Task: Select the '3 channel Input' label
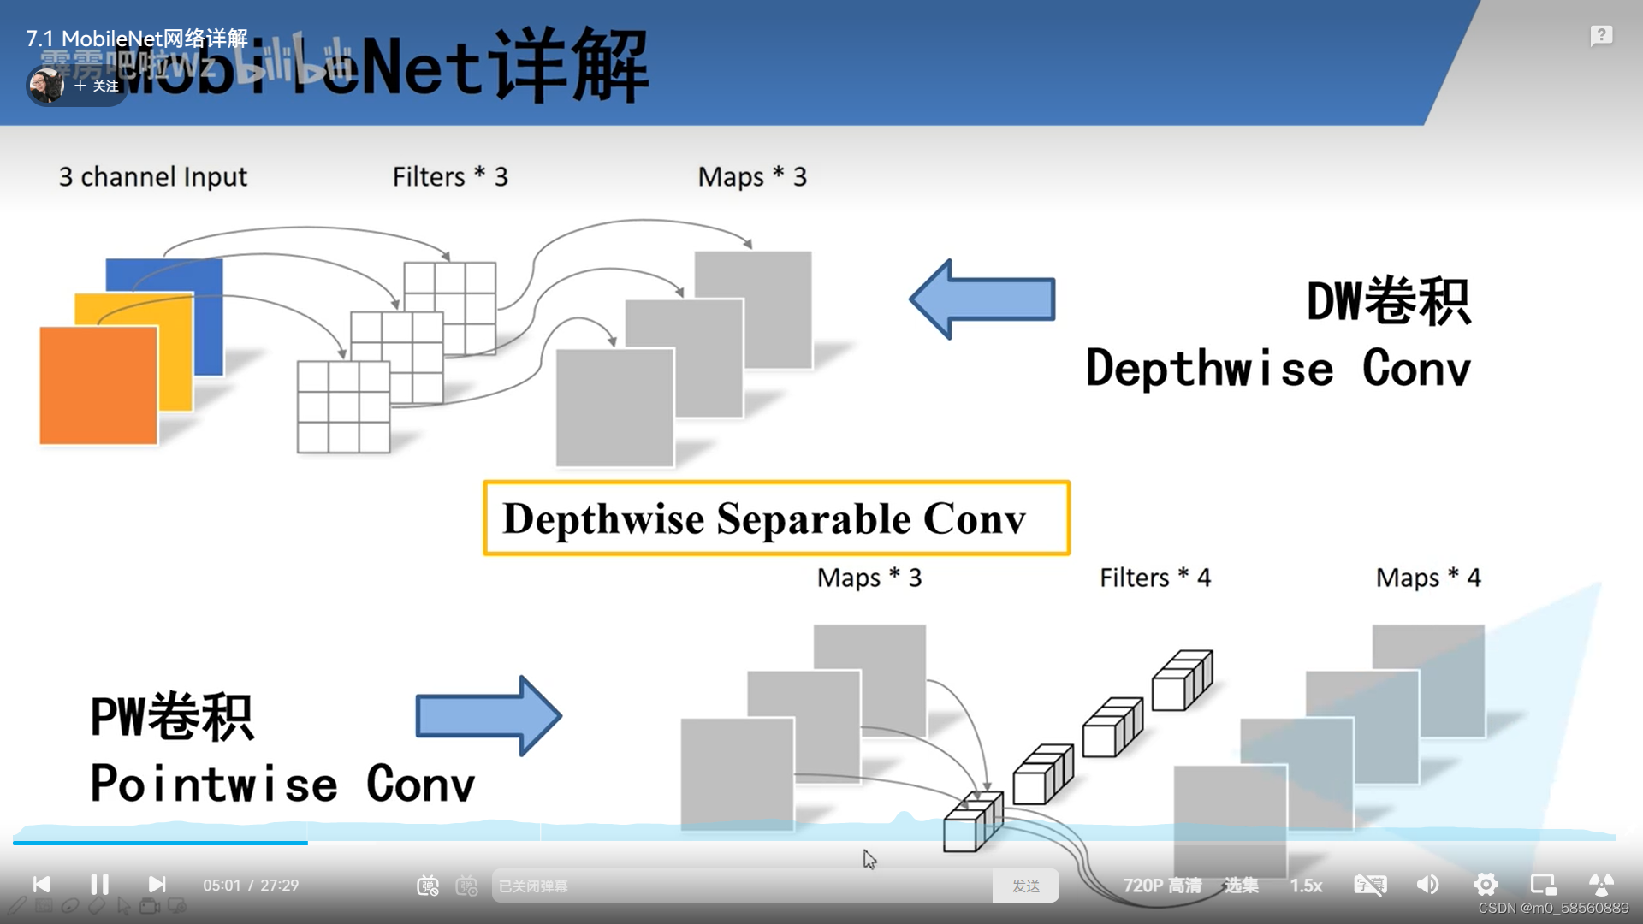tap(152, 176)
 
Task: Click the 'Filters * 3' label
tap(450, 176)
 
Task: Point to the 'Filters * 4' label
tap(1154, 577)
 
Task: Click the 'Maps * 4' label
tap(1427, 577)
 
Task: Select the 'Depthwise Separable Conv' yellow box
tap(776, 518)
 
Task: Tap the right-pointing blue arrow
tap(488, 716)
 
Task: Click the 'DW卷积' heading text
tap(1388, 302)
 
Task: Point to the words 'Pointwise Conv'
tap(282, 784)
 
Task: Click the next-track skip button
tap(157, 885)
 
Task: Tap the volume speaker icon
tap(1427, 885)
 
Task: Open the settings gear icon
tap(1486, 885)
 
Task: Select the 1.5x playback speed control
tap(1306, 885)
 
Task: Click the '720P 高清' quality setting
tap(1162, 885)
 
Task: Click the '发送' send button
tap(1025, 885)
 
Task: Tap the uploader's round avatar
tap(45, 86)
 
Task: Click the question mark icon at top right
tap(1601, 36)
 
